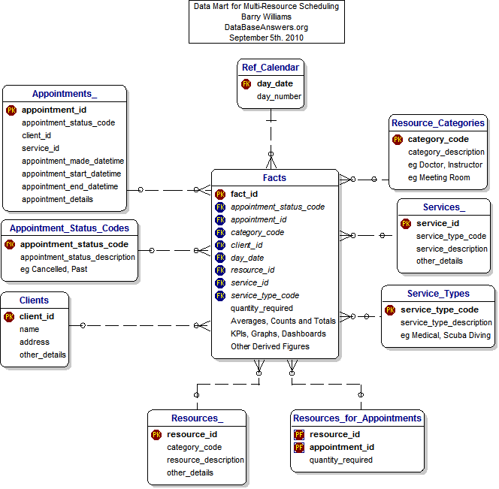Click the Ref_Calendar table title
(x=271, y=68)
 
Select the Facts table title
(x=274, y=178)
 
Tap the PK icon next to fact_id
(x=220, y=194)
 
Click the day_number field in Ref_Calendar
(x=279, y=96)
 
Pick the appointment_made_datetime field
(x=73, y=161)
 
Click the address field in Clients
(x=35, y=342)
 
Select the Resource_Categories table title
(x=438, y=122)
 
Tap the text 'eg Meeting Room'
(x=439, y=177)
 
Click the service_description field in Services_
(x=452, y=249)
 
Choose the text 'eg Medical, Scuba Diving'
(x=446, y=335)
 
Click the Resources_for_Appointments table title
(x=357, y=418)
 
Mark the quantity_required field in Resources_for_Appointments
(x=340, y=460)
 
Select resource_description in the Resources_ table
(x=205, y=460)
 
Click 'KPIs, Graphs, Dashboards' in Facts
(x=278, y=334)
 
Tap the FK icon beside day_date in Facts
(x=220, y=258)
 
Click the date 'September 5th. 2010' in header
(x=266, y=38)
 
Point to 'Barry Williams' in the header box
(x=266, y=17)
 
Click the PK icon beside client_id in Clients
(x=10, y=316)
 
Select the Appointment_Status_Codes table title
(x=69, y=228)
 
